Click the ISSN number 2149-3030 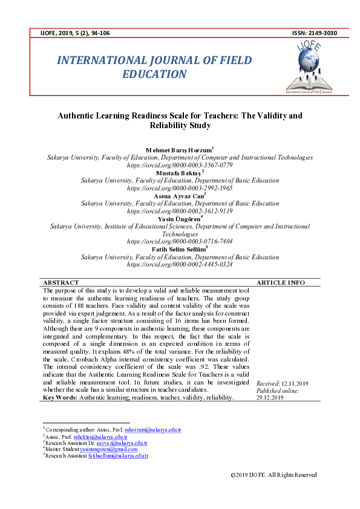(x=323, y=32)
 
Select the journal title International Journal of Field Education (x=154, y=67)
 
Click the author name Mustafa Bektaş (x=179, y=173)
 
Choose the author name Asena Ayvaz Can (x=179, y=196)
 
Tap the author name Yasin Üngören (x=179, y=219)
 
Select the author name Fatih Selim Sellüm (x=179, y=249)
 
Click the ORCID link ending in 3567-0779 (x=180, y=165)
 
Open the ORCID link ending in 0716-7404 (x=180, y=241)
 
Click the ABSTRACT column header (x=61, y=282)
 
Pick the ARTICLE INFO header (x=281, y=282)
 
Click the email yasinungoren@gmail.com (x=111, y=449)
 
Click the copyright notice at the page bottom (x=274, y=475)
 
